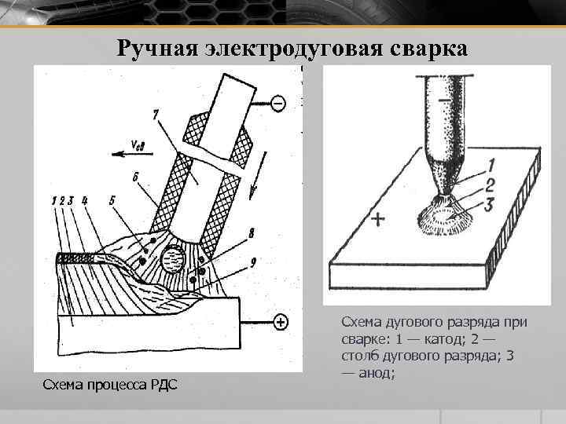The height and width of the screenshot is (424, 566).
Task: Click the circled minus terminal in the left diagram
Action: click(277, 103)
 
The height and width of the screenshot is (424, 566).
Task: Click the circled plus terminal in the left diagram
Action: click(280, 322)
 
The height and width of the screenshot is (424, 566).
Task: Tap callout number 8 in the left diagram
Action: click(252, 232)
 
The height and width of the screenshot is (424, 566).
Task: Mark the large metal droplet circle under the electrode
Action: click(173, 258)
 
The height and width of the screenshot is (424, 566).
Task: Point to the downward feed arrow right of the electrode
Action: click(252, 187)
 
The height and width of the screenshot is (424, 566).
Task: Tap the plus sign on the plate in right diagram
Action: click(377, 220)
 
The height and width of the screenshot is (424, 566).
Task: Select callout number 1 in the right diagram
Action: click(490, 166)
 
